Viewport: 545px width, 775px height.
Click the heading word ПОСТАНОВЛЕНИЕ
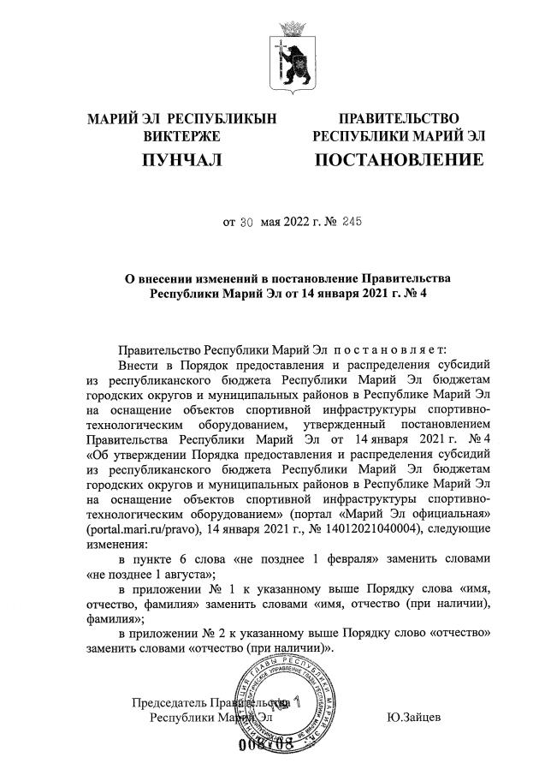(399, 160)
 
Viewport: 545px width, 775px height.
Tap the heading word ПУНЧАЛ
(181, 160)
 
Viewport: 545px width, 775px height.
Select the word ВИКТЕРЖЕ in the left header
(181, 136)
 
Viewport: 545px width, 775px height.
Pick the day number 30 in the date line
(246, 222)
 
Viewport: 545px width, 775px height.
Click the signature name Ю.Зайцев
(414, 717)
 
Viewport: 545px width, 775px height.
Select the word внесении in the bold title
(180, 277)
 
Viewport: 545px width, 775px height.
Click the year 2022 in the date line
(299, 222)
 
